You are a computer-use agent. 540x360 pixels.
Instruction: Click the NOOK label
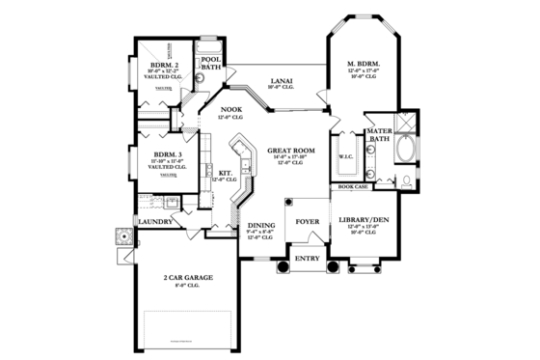pos(230,110)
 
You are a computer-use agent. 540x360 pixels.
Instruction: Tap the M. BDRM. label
pos(364,65)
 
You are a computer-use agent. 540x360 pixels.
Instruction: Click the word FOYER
pos(307,222)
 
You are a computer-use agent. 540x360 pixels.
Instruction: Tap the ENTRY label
pos(307,258)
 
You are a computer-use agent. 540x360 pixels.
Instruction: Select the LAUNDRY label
pos(155,221)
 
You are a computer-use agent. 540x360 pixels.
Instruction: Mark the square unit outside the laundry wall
pos(122,236)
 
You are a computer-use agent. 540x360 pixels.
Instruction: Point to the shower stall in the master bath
pos(406,123)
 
